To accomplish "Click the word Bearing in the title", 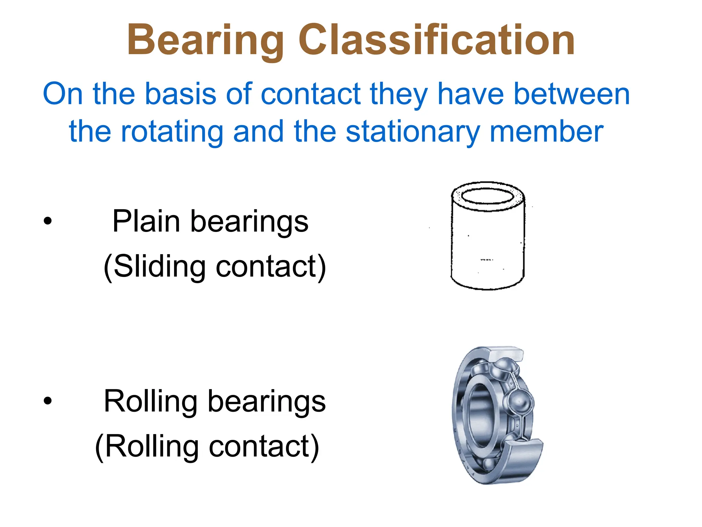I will point(205,40).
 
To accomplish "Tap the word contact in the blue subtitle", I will point(311,94).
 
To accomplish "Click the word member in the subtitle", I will point(546,132).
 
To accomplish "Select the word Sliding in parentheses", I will point(159,267).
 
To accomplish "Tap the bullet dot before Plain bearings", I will point(48,221).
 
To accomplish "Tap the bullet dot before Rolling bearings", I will point(48,400).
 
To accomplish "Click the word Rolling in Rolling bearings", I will point(151,401).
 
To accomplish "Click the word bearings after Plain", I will point(249,222).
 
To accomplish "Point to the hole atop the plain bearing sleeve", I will point(487,196).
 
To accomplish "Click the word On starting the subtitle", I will point(63,94).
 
